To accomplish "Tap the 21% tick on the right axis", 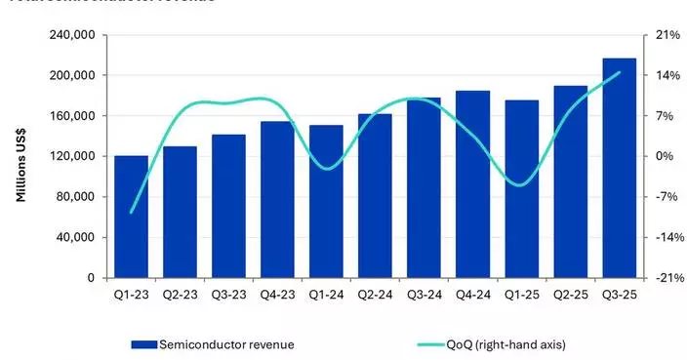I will pos(666,35).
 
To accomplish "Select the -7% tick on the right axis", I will pos(666,197).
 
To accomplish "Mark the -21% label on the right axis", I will pos(664,278).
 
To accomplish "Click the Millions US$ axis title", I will pos(20,157).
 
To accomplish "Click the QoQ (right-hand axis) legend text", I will pos(508,343).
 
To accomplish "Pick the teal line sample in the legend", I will pos(429,343).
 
